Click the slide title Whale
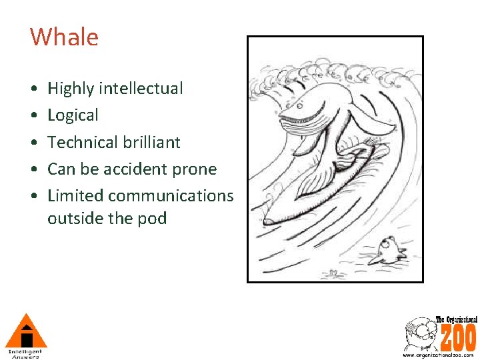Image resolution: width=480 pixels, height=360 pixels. coord(64,37)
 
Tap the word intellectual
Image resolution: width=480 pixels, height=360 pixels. coord(143,89)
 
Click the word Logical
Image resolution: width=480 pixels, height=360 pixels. coord(73,115)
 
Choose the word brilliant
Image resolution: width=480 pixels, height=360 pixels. coord(152,142)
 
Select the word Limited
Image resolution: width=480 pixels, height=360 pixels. coord(75,196)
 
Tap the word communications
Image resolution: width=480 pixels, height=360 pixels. coord(171,196)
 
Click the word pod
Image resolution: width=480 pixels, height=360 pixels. coord(154,219)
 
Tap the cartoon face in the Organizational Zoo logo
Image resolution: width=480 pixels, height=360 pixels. coord(420,333)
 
